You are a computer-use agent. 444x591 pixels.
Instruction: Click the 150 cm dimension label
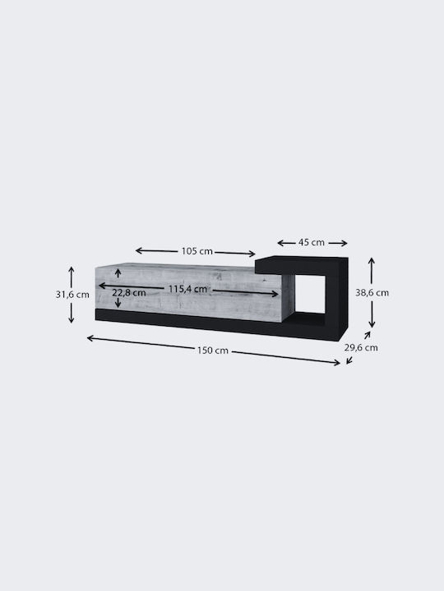(x=213, y=350)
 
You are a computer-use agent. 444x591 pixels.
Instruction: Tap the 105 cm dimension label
(x=197, y=251)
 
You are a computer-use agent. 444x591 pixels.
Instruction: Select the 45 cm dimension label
(x=312, y=242)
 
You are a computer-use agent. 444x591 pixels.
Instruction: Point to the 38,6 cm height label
(x=372, y=293)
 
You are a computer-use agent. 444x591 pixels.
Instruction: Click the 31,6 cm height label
(x=72, y=295)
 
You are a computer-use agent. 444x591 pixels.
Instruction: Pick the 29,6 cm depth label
(x=361, y=347)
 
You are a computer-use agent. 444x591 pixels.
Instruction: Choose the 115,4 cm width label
(x=187, y=289)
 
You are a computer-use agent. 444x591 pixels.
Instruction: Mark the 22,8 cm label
(x=129, y=293)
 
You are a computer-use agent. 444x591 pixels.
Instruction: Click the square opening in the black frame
(x=310, y=294)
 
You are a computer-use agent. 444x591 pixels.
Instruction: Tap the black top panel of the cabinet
(x=301, y=265)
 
